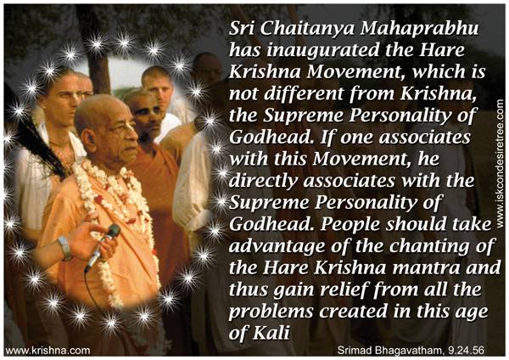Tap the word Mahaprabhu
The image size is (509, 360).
419,29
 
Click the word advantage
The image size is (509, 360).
277,246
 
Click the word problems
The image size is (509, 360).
271,312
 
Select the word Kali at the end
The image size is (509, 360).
271,333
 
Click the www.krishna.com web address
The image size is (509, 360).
48,351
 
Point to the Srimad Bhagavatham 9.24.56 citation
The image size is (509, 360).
411,351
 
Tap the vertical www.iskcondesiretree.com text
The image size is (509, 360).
501,163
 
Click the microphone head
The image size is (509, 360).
114,231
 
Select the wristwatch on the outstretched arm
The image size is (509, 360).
64,248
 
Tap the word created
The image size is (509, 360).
353,311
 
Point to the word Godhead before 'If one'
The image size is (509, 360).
271,137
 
